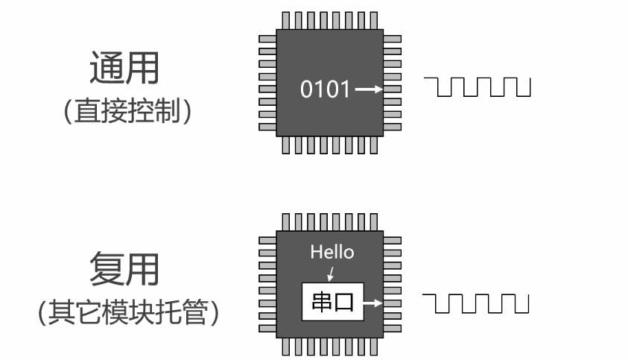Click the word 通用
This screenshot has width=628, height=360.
pyautogui.click(x=124, y=69)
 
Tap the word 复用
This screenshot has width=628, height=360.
pyautogui.click(x=124, y=269)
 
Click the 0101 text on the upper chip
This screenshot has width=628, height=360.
pyautogui.click(x=325, y=89)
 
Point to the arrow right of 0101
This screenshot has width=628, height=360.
pyautogui.click(x=368, y=89)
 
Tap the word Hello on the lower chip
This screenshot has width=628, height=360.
pyautogui.click(x=332, y=252)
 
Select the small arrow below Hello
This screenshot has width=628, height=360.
pyautogui.click(x=331, y=273)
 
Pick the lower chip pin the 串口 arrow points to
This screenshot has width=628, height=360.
pyautogui.click(x=392, y=303)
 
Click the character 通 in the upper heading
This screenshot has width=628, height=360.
pyautogui.click(x=106, y=69)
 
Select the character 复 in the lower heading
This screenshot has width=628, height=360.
pyautogui.click(x=106, y=269)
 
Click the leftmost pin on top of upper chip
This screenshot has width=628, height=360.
pyautogui.click(x=286, y=19)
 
